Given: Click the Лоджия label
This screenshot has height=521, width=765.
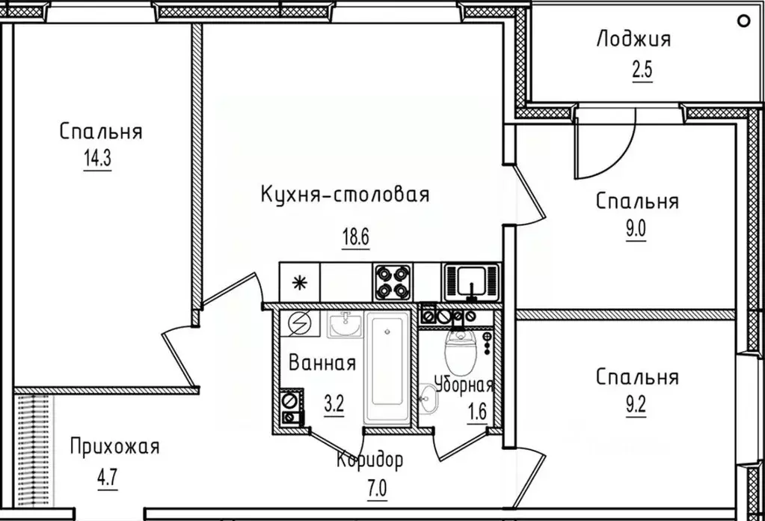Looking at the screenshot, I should (633, 39).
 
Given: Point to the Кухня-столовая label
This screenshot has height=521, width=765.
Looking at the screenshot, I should (345, 195).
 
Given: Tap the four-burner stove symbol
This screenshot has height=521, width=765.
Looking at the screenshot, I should (393, 283).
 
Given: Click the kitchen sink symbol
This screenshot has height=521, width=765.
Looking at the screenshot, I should (470, 281).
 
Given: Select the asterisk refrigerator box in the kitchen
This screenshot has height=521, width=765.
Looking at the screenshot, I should (300, 283).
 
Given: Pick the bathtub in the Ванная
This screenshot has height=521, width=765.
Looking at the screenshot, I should (387, 368).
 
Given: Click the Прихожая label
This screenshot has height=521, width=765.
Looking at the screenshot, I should (114, 448).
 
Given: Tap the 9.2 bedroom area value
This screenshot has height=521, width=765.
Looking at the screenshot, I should (636, 409).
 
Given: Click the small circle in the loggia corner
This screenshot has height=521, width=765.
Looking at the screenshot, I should (743, 21).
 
